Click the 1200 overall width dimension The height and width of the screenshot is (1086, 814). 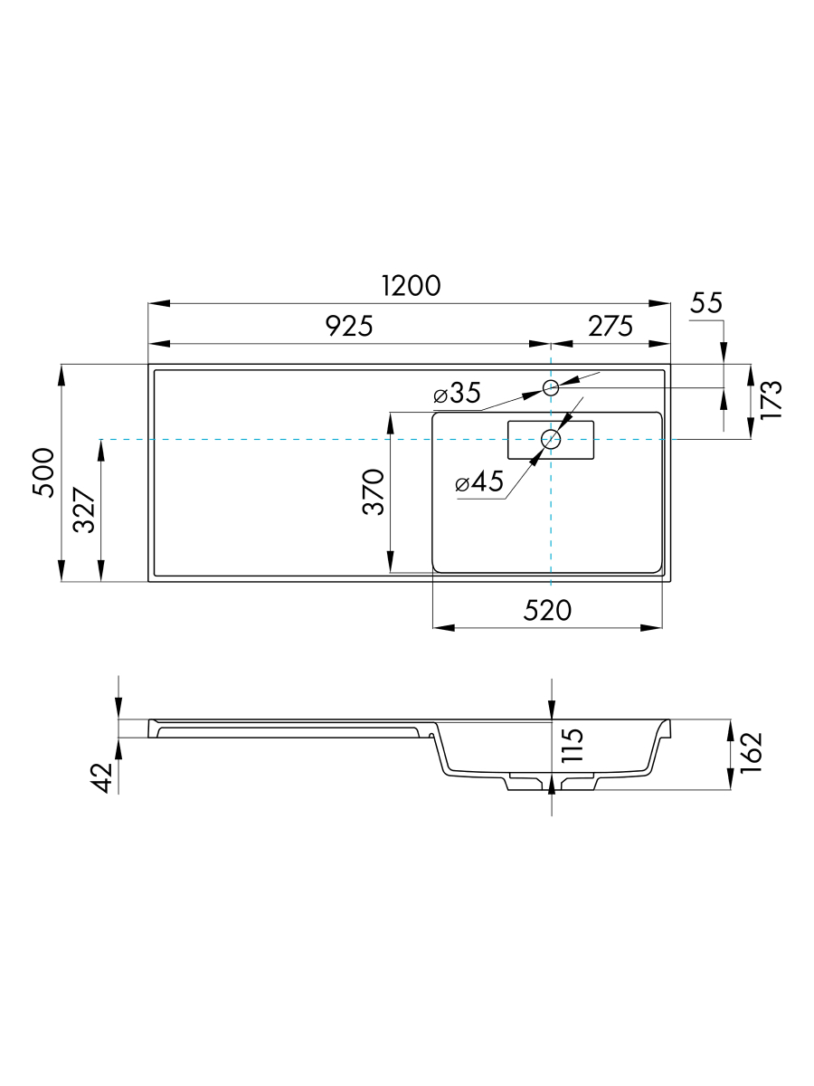[411, 286]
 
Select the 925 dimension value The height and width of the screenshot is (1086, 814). [349, 326]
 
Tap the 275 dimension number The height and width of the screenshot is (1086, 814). [610, 326]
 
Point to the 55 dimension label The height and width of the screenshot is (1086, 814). [706, 302]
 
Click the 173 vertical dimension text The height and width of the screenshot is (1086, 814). [771, 400]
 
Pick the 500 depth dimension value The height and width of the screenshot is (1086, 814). [43, 472]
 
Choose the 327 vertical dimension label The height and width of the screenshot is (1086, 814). [84, 510]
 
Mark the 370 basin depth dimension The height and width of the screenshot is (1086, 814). [374, 491]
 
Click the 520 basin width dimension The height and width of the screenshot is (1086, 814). [547, 611]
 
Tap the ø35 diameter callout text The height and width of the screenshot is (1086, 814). [457, 394]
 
